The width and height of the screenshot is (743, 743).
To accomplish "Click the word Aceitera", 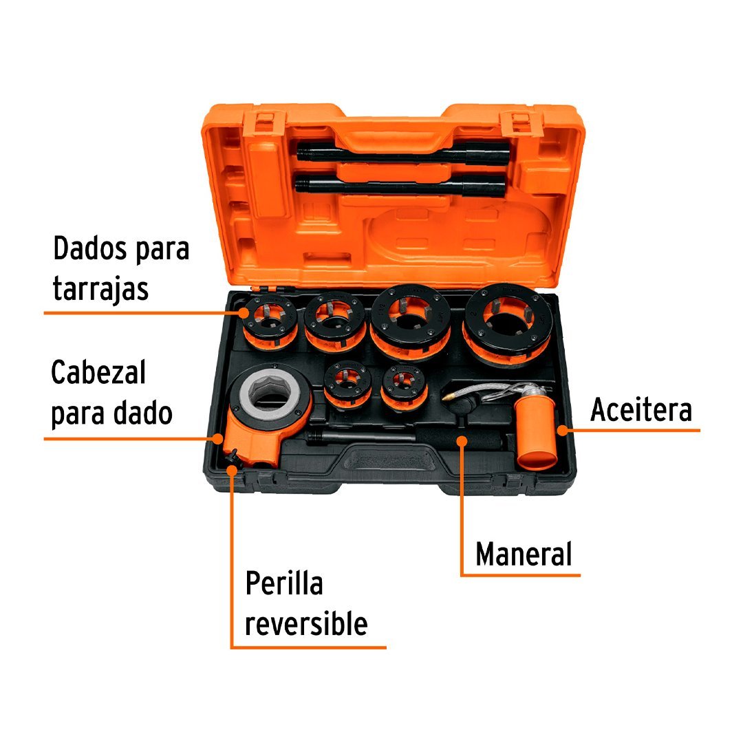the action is (641, 409).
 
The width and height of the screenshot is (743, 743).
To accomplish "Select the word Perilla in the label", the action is (284, 583).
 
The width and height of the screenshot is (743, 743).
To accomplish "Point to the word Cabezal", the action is (98, 372).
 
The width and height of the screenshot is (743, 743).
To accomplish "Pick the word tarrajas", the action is (100, 288).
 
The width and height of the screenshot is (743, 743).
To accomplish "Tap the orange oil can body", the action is (535, 433).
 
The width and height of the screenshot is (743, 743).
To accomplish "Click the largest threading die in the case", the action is (508, 325).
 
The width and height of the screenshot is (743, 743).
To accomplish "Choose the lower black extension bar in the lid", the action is (400, 185).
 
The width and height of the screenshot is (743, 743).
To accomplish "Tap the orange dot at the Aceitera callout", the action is (562, 430).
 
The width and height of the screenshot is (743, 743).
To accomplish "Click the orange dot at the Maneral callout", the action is (462, 441).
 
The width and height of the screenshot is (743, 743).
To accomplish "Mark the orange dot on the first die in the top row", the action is (244, 313).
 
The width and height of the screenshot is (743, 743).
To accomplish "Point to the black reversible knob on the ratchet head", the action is (233, 457).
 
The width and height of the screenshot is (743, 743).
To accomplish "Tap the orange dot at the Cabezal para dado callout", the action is (217, 439).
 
